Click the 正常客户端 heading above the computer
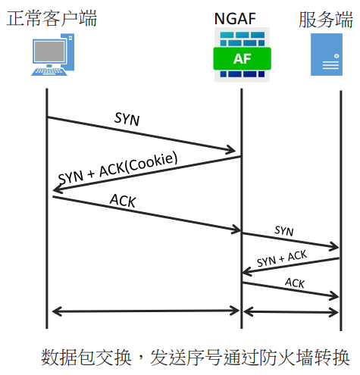coord(52,18)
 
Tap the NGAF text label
coord(235,19)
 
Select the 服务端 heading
coord(326,19)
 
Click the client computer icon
coord(53,55)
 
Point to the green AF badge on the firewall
coord(242,58)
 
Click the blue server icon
coord(327,55)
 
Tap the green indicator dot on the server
coord(337,56)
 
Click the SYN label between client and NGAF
coord(127,119)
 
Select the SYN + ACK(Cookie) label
coord(118,167)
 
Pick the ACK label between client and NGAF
coord(123,201)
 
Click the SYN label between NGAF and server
coord(284,231)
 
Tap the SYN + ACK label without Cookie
coord(282,258)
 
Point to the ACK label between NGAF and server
coord(295,283)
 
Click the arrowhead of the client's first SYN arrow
coord(233,150)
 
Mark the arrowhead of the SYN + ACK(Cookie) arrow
coord(57,189)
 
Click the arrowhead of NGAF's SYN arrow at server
coord(335,247)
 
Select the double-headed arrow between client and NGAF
coord(146,311)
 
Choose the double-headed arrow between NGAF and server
coord(291,312)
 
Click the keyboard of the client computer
coord(49,72)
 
